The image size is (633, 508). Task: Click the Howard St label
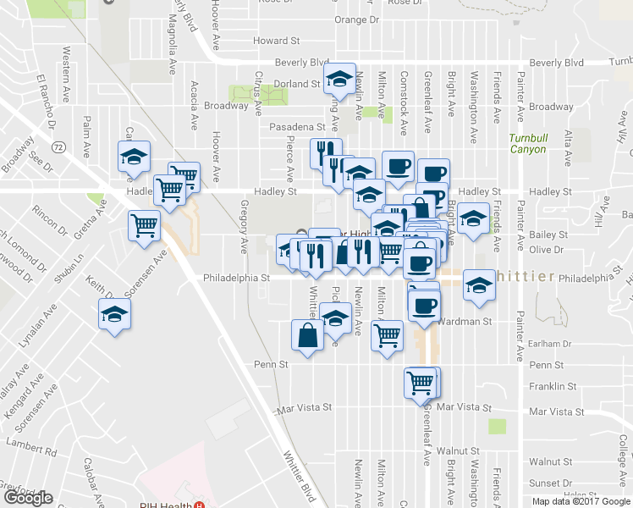[x=277, y=40]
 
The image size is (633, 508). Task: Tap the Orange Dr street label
[x=356, y=19]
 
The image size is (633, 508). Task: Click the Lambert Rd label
[x=30, y=443]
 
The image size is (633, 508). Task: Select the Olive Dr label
[x=546, y=250]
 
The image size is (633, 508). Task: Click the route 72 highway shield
[x=58, y=146]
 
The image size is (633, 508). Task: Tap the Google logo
[x=29, y=498]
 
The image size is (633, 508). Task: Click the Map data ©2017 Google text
[x=580, y=501]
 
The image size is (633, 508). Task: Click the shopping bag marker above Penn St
[x=307, y=335]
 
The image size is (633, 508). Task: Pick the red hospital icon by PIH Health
[x=199, y=505]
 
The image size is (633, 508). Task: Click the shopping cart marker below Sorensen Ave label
[x=145, y=227]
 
